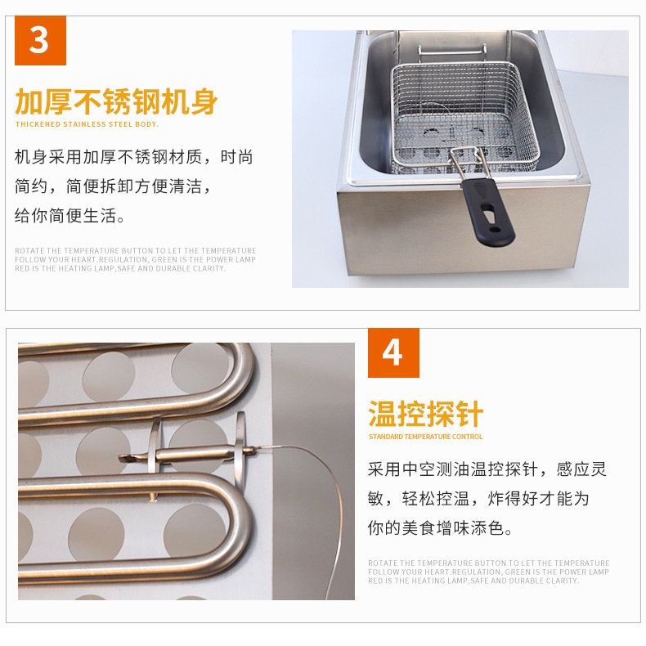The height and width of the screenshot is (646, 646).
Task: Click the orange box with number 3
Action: (40, 40)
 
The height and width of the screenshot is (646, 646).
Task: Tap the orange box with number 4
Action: (393, 352)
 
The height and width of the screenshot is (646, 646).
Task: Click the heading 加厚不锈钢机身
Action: (116, 101)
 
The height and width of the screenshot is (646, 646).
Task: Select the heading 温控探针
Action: (425, 414)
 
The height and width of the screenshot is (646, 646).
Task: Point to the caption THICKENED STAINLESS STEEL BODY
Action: (87, 124)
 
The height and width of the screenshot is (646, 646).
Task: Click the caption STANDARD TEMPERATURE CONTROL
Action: (425, 437)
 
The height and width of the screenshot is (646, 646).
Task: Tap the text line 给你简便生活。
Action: (70, 216)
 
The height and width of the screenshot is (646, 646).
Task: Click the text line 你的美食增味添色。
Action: (440, 527)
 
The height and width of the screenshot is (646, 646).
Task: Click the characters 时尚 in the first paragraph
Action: (237, 157)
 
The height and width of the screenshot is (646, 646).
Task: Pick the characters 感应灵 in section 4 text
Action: (581, 469)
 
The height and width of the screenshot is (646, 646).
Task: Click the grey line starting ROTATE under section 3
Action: (136, 250)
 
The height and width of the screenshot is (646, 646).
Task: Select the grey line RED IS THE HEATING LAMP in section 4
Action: (473, 581)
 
